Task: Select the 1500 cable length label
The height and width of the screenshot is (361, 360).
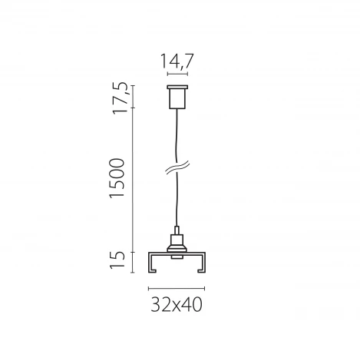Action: pyautogui.click(x=117, y=179)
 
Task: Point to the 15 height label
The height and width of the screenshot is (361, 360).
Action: pyautogui.click(x=118, y=261)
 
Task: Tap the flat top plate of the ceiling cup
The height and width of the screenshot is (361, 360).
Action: pyautogui.click(x=177, y=86)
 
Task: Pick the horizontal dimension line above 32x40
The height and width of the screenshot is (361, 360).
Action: pyautogui.click(x=177, y=287)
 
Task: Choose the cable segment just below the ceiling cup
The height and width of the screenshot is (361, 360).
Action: pyautogui.click(x=177, y=131)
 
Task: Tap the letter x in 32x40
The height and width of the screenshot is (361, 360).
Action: pyautogui.click(x=176, y=306)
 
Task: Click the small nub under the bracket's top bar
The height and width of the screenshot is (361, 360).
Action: pyautogui.click(x=177, y=257)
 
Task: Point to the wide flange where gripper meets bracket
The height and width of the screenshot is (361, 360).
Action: pyautogui.click(x=177, y=245)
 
